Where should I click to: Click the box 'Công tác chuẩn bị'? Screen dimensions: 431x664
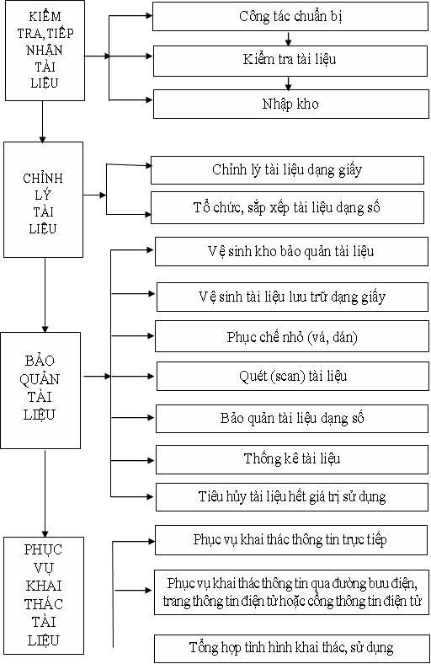[x=290, y=17]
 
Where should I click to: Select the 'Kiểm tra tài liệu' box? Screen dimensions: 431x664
[x=290, y=61]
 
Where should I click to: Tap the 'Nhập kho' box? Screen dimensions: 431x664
[x=291, y=104]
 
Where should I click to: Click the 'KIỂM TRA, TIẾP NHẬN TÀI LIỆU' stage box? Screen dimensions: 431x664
[x=45, y=51]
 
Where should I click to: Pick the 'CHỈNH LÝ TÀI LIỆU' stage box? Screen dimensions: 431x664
[x=43, y=200]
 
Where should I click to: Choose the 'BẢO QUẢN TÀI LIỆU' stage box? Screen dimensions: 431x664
[x=40, y=390]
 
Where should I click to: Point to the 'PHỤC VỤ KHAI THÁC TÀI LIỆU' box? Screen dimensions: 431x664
[x=44, y=596]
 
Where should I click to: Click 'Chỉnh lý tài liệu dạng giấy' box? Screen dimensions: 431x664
[x=287, y=170]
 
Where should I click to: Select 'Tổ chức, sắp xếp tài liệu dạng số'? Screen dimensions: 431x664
[x=287, y=207]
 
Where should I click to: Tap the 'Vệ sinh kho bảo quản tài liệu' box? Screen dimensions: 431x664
[x=291, y=252]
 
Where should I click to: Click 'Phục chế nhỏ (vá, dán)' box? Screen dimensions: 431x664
[x=292, y=336]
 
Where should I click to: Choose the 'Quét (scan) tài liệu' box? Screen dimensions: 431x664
[x=293, y=376]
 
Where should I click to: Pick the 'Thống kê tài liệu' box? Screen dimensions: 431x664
[x=292, y=459]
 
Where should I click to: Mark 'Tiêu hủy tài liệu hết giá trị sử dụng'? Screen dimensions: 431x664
[x=292, y=496]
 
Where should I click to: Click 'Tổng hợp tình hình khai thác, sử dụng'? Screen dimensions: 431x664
[x=291, y=648]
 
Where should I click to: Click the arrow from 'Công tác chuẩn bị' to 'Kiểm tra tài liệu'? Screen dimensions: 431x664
[x=289, y=39]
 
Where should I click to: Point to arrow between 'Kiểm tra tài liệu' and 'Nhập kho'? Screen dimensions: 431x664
[x=289, y=83]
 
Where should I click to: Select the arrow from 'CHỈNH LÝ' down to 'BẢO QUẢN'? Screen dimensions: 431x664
[x=45, y=295]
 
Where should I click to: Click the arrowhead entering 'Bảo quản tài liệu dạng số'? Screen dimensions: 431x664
[x=151, y=418]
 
